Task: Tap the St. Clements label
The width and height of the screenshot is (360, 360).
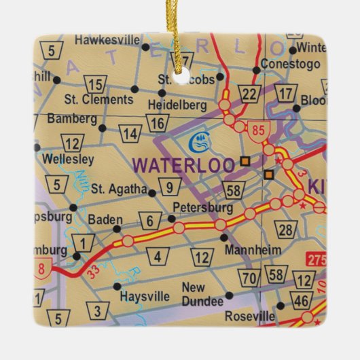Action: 98,99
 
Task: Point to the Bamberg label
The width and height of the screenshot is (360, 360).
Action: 71,118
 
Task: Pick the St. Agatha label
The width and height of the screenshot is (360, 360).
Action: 118,188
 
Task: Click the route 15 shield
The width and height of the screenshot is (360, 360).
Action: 97,84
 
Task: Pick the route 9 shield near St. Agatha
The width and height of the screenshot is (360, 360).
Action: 170,185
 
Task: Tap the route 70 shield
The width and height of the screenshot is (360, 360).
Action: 249,276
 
